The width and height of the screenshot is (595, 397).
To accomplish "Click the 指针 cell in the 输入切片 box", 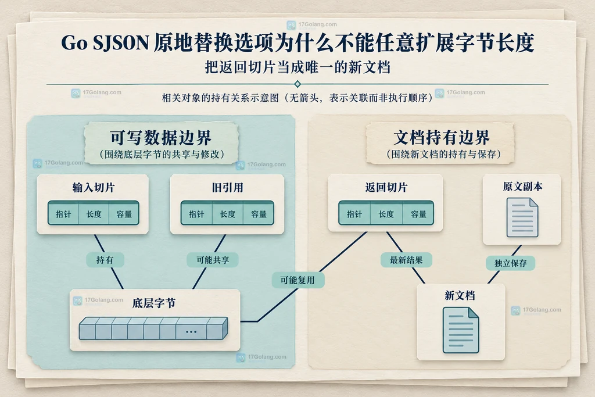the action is [63, 214].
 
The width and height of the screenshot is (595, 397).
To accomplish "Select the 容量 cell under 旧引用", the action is [259, 214].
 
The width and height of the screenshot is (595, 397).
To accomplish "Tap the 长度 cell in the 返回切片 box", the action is [386, 214].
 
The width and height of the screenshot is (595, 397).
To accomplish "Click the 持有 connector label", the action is [105, 260].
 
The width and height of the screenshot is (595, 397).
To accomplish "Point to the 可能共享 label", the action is [213, 260].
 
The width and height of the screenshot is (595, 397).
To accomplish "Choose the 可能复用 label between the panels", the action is [297, 280].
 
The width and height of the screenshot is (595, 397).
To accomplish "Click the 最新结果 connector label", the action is [406, 260].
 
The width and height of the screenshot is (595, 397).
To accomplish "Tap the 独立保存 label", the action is [510, 263].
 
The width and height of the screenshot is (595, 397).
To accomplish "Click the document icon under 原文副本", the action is [522, 218].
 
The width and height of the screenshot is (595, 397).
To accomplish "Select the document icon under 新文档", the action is [461, 330].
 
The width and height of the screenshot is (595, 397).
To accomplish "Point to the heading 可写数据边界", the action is [161, 137].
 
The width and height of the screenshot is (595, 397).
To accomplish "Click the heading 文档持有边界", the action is [442, 137].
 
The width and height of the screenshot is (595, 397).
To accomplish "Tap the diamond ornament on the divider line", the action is [297, 84].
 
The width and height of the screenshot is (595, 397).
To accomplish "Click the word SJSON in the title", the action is [121, 42].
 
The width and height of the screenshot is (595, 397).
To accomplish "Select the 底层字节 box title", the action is [153, 303].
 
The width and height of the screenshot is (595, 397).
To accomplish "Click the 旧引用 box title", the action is [227, 188].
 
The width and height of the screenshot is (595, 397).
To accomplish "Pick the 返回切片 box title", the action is [386, 187].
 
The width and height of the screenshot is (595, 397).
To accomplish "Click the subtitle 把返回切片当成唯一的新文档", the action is [297, 67].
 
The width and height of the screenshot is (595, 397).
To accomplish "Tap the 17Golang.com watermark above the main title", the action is [312, 25].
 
